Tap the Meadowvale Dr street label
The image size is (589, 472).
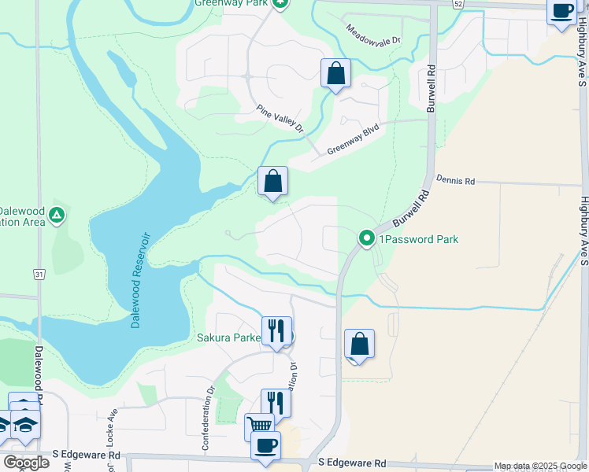click(x=374, y=33)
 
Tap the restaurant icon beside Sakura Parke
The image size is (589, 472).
click(x=276, y=330)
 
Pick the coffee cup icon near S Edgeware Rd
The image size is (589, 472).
click(x=265, y=444)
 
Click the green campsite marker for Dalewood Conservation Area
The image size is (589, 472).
click(x=56, y=215)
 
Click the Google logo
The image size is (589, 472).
click(x=26, y=463)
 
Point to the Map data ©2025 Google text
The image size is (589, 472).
click(x=541, y=466)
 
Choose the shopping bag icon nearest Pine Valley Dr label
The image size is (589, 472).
click(x=335, y=74)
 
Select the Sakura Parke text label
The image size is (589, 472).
click(x=228, y=338)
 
